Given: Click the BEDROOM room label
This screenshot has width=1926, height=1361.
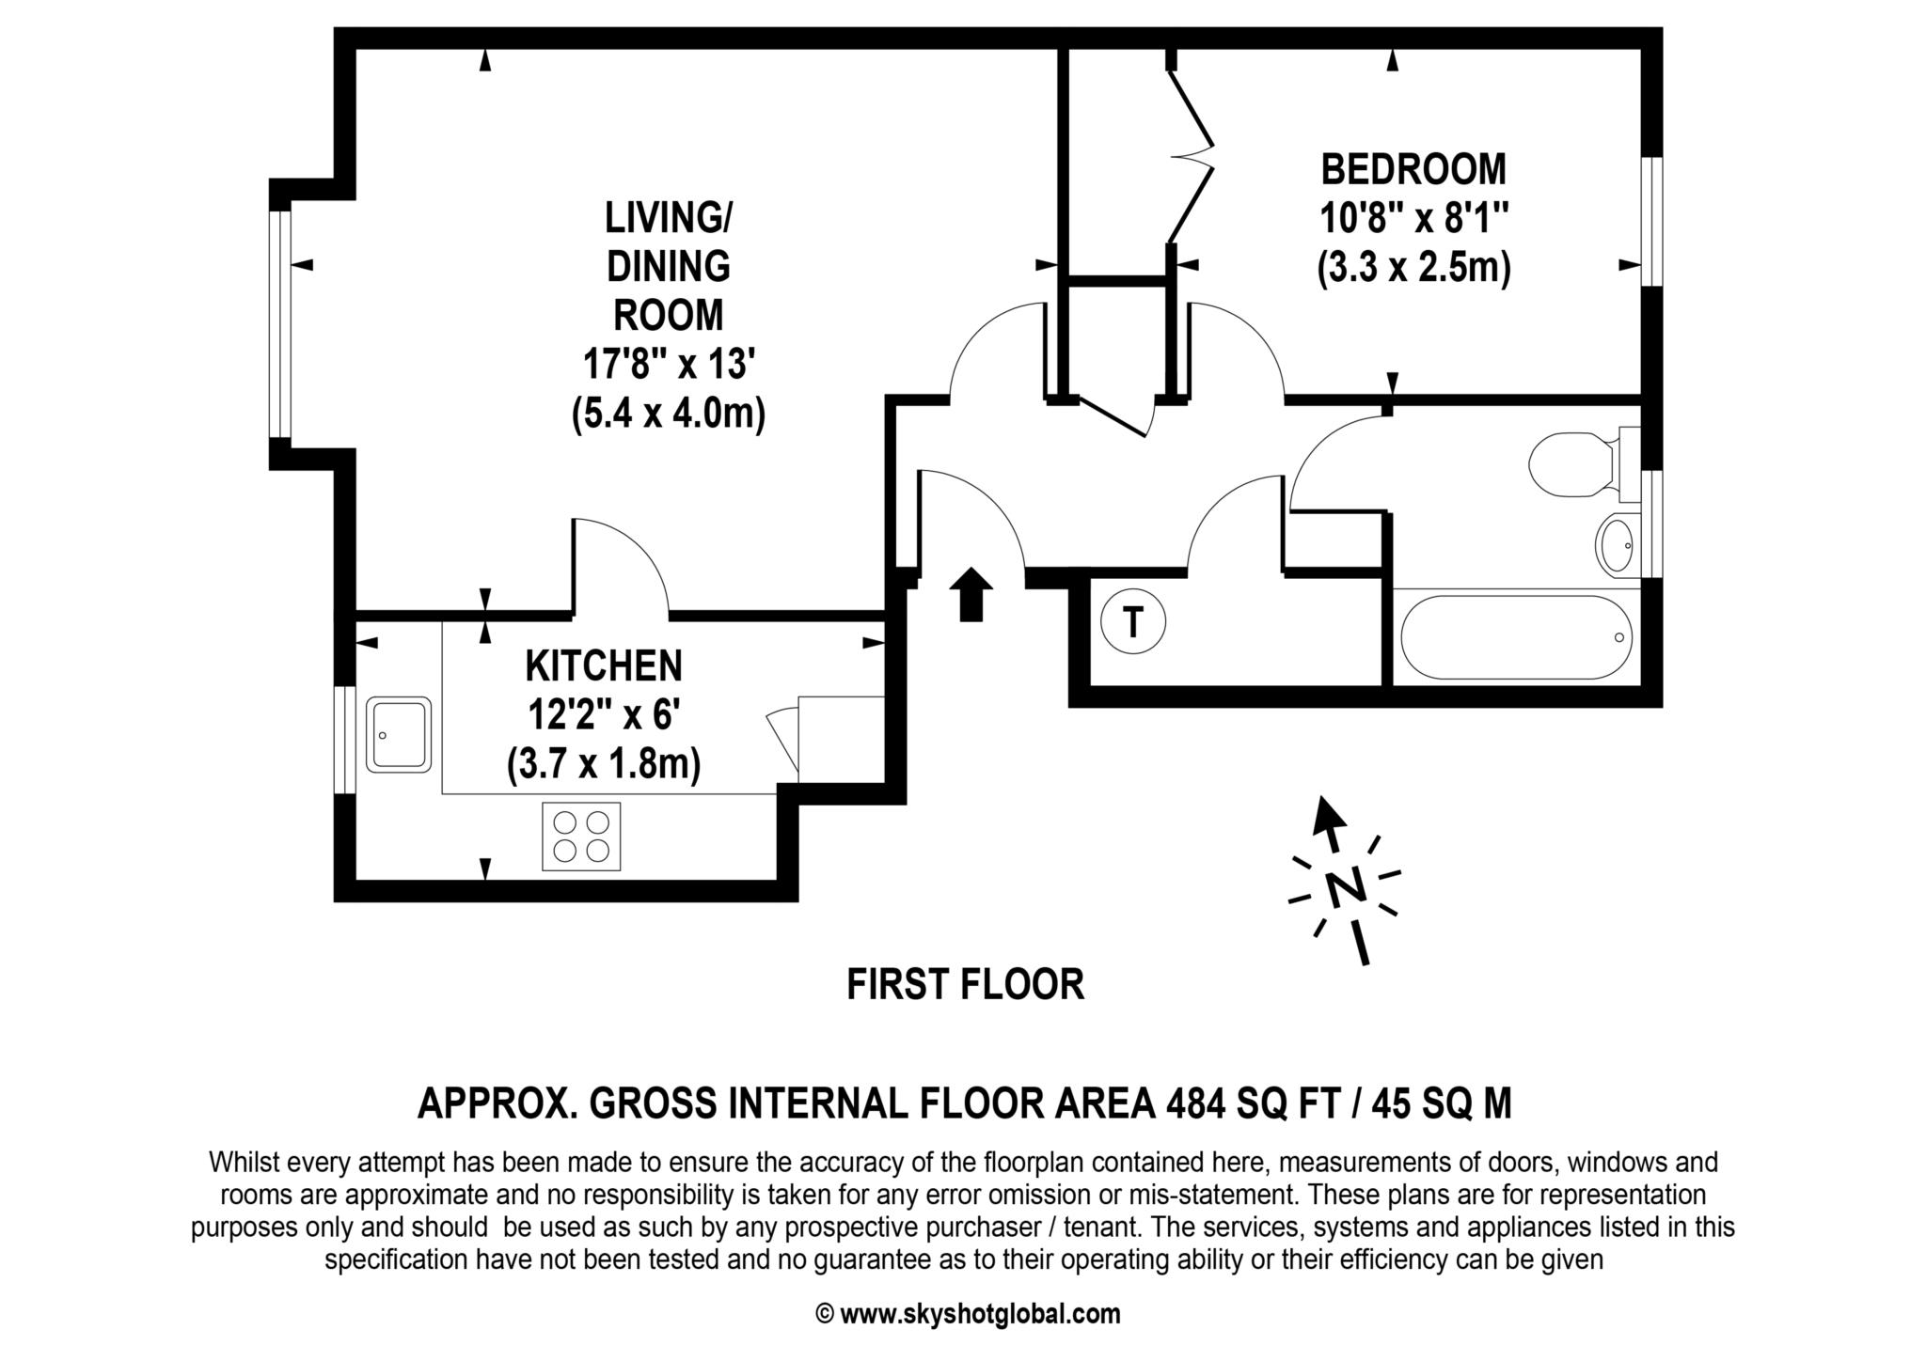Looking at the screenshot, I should (x=1413, y=170).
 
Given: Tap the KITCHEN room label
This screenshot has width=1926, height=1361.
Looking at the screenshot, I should (x=603, y=666).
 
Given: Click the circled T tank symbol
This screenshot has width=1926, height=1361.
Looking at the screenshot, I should (x=1132, y=621).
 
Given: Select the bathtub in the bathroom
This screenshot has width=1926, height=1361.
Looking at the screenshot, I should (x=1516, y=637).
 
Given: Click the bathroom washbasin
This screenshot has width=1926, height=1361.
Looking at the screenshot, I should (x=1616, y=545).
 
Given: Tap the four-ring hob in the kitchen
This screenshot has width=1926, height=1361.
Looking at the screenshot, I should (x=581, y=836).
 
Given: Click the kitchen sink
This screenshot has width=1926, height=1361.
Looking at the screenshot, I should (x=398, y=734).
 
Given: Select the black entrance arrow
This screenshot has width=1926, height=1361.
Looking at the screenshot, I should (x=971, y=594).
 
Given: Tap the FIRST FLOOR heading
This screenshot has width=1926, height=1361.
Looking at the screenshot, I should (x=965, y=985).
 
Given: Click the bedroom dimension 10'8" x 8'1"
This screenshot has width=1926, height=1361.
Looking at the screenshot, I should (x=1413, y=219).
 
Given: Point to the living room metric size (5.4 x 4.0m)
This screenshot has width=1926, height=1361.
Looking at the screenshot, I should (x=668, y=414).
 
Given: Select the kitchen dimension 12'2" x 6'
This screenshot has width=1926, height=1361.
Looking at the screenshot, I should (x=603, y=715).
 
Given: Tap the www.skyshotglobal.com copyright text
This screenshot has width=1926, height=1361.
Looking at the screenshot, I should (x=978, y=1314).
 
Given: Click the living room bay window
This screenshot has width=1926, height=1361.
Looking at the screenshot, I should (x=279, y=324).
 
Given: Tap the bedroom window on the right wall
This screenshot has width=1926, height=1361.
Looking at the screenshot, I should (x=1652, y=221).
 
